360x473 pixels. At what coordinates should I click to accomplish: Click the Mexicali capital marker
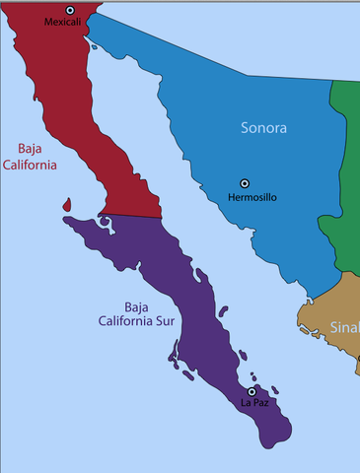click(x=70, y=10)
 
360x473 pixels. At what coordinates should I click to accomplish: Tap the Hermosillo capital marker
click(x=245, y=183)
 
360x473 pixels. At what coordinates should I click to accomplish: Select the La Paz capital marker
click(x=252, y=391)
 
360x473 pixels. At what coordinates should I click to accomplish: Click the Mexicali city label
click(x=62, y=22)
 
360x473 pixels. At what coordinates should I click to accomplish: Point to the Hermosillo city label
click(x=252, y=197)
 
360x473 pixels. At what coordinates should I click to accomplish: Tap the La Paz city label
click(x=254, y=403)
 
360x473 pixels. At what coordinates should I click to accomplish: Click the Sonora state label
click(x=263, y=128)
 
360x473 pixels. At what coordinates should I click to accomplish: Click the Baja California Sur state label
click(x=137, y=312)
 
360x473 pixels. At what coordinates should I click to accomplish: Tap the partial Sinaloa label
click(x=344, y=327)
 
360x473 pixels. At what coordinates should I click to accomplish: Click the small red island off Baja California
click(x=66, y=206)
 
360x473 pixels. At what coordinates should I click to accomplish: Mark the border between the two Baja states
click(x=128, y=216)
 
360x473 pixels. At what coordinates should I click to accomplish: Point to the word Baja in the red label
click(x=33, y=149)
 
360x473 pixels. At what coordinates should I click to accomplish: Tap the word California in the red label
click(x=31, y=165)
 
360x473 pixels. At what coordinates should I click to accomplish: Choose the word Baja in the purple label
click(x=137, y=305)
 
